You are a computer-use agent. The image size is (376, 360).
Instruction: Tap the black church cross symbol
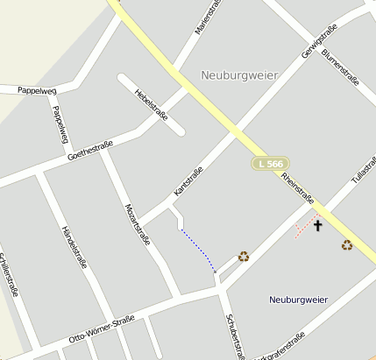click(317, 225)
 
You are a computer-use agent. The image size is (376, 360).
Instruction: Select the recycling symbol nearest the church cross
click(347, 245)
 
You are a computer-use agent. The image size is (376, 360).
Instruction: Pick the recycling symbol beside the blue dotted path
click(244, 257)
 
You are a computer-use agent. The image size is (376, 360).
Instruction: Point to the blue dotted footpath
click(199, 251)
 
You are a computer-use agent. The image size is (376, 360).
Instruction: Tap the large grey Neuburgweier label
click(239, 75)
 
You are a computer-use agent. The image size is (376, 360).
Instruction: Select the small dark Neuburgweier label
click(298, 300)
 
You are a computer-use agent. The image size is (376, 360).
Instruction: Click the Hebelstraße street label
click(152, 103)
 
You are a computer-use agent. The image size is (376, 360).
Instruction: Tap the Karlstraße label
click(188, 180)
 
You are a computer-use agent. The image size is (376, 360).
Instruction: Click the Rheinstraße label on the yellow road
click(299, 187)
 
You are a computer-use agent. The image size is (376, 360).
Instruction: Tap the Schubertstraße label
click(235, 335)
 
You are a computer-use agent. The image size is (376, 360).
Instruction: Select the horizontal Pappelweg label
click(36, 89)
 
